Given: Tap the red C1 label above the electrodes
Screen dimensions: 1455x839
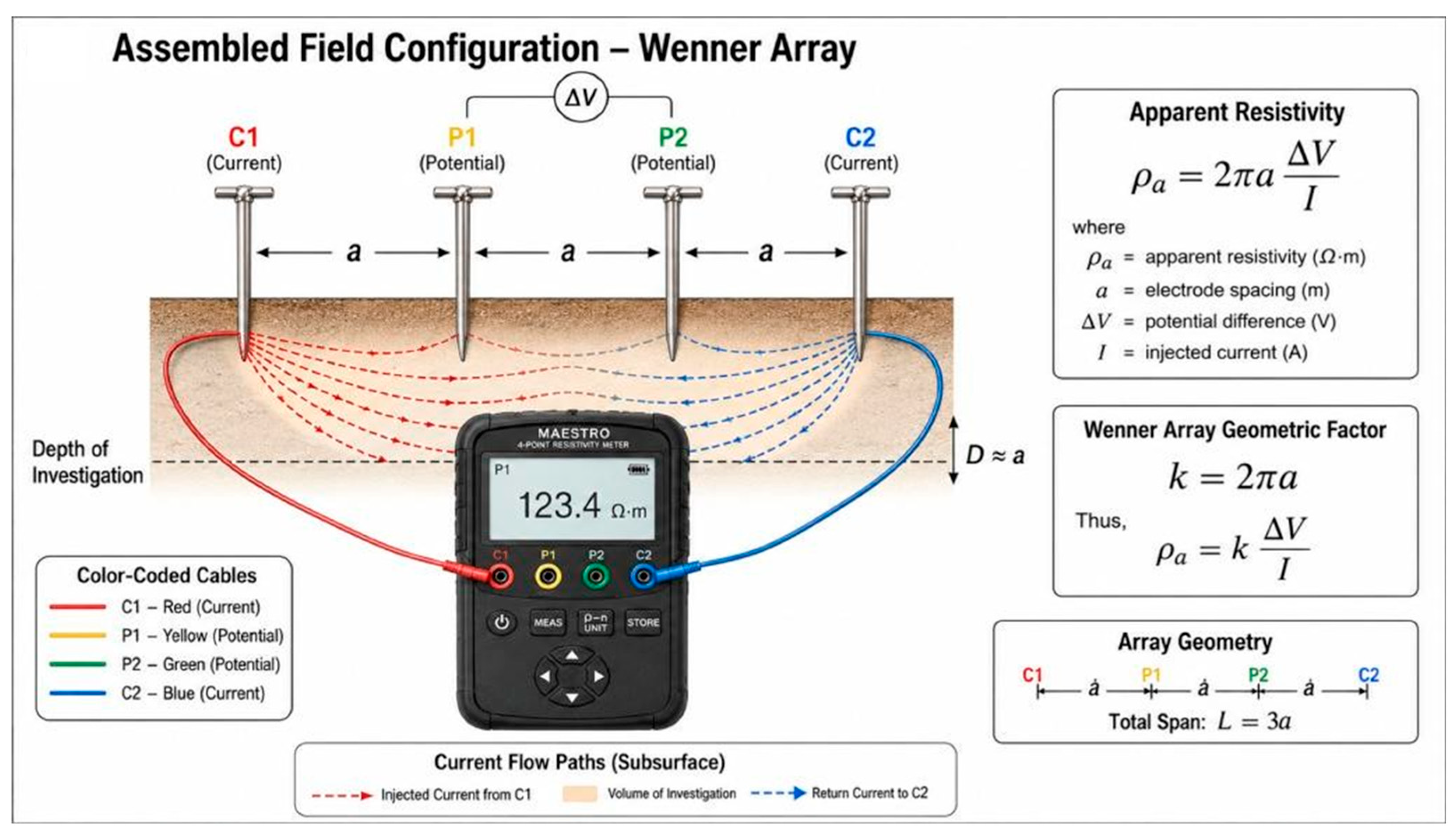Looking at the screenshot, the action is click(243, 137).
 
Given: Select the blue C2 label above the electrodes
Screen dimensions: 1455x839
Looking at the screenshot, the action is click(860, 137).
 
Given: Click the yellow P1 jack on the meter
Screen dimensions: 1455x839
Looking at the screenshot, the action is click(547, 576).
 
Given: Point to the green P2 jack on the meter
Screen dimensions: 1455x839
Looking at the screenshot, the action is click(596, 576).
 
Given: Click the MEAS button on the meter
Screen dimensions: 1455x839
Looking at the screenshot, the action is click(547, 622).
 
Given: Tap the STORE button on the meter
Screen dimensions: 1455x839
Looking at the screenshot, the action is click(643, 622).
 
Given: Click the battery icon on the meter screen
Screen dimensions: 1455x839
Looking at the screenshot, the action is click(638, 470).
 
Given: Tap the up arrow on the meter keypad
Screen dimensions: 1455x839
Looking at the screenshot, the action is click(571, 656).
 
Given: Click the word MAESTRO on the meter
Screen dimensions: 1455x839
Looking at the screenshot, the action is click(574, 433).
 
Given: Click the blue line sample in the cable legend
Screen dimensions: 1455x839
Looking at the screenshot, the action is click(78, 693).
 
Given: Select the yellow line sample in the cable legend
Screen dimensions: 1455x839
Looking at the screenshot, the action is click(78, 636).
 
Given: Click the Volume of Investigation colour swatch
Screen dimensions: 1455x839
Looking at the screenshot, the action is click(580, 794).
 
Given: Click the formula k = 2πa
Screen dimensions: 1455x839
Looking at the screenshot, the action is click(1233, 477).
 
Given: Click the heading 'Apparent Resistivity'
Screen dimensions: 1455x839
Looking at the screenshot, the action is click(1236, 112).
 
